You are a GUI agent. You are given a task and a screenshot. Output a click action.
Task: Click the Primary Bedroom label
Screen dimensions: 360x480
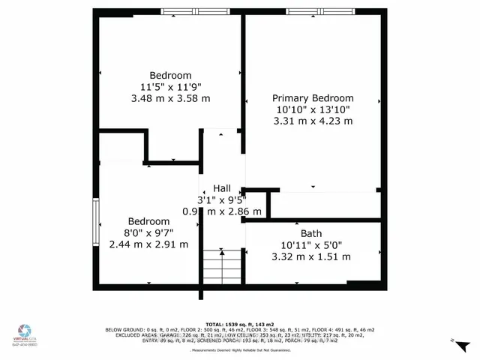click(313, 98)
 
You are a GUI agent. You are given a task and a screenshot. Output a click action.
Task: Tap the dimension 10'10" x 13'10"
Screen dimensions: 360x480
click(313, 109)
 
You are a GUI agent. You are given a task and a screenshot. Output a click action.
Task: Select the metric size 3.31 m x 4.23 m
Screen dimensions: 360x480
click(313, 121)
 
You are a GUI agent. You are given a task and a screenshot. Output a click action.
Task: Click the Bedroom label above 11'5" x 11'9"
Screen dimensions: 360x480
click(170, 75)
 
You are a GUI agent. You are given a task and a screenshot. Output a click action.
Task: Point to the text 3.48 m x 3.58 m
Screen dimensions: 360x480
click(170, 98)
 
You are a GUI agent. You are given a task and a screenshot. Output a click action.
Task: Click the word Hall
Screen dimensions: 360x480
click(222, 188)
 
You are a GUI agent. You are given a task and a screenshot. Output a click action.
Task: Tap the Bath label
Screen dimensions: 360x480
click(310, 233)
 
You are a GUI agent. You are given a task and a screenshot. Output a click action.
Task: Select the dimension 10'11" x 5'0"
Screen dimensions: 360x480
click(310, 244)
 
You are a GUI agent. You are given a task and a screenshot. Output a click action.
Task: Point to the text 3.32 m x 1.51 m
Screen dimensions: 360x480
click(310, 256)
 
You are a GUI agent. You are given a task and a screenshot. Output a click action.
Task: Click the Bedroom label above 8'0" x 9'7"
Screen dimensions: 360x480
click(148, 221)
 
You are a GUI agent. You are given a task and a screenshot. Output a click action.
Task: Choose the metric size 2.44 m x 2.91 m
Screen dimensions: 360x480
click(148, 244)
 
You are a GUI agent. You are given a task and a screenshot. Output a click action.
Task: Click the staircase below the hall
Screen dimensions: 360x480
click(222, 267)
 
